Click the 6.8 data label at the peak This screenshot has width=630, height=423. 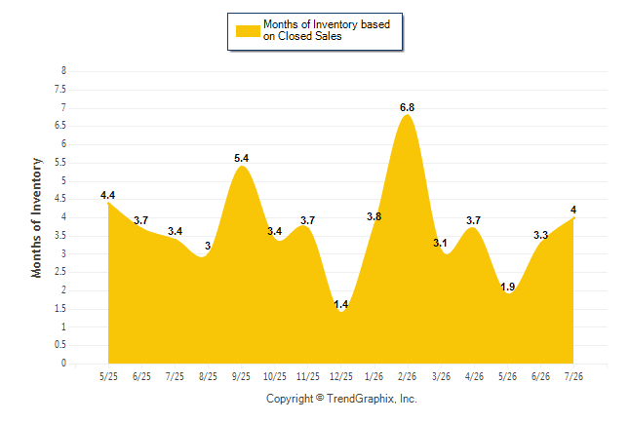tap(407, 107)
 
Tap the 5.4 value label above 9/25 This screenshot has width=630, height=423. tap(242, 158)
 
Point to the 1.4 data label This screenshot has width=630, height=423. tap(340, 304)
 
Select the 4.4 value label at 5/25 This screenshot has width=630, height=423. tap(107, 195)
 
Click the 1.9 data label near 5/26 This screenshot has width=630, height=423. tap(507, 287)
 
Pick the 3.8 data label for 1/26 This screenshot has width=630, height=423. tap(374, 216)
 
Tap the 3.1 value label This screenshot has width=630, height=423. tap(440, 243)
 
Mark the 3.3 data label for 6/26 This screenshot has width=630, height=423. tap(540, 235)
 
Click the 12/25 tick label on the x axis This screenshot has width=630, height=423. tap(340, 376)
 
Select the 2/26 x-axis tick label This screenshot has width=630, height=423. tap(407, 376)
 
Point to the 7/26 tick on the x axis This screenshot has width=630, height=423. tap(573, 376)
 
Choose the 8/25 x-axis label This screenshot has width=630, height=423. tap(208, 376)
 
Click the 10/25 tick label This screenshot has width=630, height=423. tap(275, 376)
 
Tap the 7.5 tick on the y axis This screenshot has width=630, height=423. tap(60, 89)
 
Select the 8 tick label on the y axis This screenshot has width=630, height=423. tap(63, 71)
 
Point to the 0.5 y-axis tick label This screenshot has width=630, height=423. tap(60, 345)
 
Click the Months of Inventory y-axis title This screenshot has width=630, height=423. tap(36, 217)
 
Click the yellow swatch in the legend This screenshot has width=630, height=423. tap(248, 31)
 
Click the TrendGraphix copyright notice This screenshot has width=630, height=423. tap(341, 399)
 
